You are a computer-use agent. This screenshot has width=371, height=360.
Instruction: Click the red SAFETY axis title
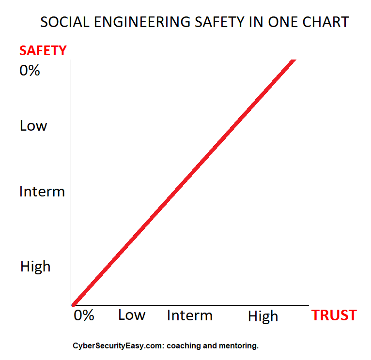point(43,50)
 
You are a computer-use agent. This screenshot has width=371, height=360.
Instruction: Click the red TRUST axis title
point(334,315)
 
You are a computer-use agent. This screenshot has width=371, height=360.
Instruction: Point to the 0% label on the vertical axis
point(30,71)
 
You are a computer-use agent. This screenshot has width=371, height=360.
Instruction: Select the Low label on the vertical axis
point(33,126)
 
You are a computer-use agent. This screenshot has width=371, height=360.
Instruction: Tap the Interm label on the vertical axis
point(42,192)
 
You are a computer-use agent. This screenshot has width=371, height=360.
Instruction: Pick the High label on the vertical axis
point(35,266)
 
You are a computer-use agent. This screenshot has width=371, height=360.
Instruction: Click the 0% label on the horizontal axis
point(84,315)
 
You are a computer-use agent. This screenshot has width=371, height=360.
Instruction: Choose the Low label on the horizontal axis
point(132,315)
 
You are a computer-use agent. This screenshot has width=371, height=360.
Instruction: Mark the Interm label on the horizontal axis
point(189,315)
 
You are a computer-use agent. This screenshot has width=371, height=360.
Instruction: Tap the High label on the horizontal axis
point(263,316)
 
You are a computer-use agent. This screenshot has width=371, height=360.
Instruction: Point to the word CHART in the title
point(327,22)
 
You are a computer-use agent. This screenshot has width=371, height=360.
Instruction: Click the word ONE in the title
point(286,22)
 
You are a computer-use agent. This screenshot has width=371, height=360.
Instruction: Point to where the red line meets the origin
point(73,304)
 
